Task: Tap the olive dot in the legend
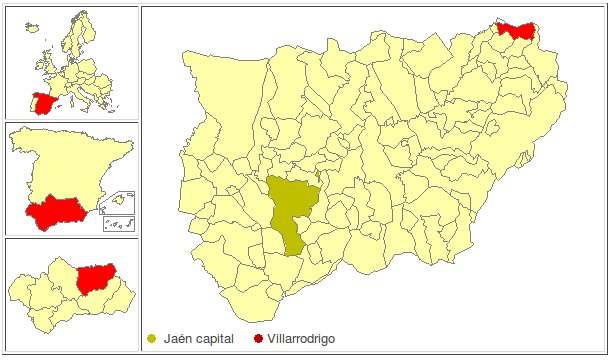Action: [x=152, y=340]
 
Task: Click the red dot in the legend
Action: [x=260, y=340]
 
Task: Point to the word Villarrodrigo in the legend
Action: [x=302, y=340]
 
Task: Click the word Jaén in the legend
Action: [x=177, y=340]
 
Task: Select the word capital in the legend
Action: [x=216, y=340]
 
